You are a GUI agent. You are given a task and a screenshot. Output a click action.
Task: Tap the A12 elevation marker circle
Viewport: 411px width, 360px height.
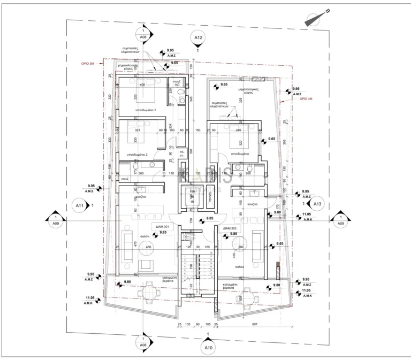(x=197, y=37)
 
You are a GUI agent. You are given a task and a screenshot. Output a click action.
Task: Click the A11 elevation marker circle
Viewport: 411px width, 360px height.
(x=79, y=205)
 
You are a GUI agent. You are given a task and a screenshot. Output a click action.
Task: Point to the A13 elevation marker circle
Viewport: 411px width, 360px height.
(x=316, y=204)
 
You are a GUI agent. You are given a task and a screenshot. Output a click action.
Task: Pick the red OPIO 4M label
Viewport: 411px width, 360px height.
(x=306, y=99)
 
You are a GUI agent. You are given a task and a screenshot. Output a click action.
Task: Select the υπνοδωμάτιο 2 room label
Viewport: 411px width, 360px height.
(x=137, y=154)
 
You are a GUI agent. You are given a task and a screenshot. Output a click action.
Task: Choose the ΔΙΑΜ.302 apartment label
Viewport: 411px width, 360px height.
(x=231, y=227)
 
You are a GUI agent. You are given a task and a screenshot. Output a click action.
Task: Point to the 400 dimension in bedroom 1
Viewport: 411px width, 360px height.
(x=142, y=85)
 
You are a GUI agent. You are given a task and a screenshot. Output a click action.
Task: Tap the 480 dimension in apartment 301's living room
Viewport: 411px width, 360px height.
(x=149, y=247)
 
